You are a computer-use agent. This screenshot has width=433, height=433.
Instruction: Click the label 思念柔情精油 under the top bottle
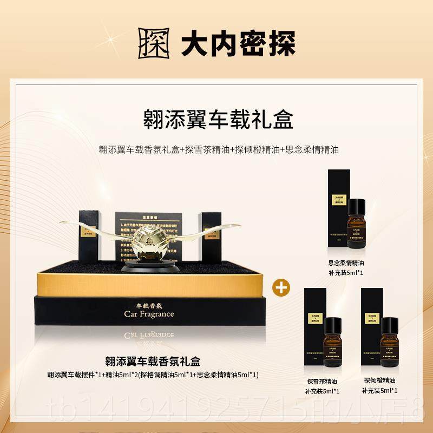click(345, 263)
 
